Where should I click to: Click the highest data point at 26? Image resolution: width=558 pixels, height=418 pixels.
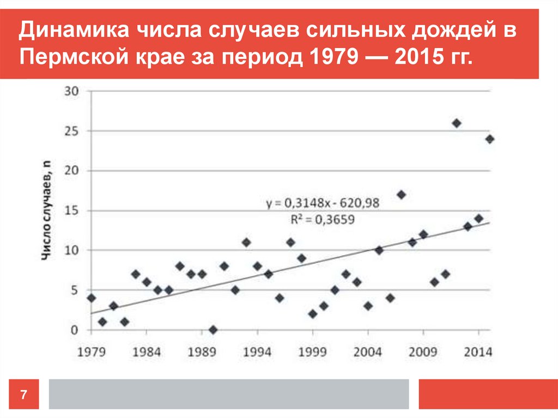tap(457, 123)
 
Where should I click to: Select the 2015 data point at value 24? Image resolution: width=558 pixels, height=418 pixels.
tap(490, 139)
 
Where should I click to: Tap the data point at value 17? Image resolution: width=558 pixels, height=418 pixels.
tap(402, 195)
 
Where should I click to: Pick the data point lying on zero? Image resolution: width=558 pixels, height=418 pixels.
tap(213, 330)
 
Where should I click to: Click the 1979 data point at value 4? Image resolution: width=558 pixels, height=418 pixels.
tap(91, 298)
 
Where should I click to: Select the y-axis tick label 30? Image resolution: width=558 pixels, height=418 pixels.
tap(72, 91)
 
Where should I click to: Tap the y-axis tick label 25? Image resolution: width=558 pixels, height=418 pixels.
tap(72, 131)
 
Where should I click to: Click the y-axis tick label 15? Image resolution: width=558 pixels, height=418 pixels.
tap(72, 210)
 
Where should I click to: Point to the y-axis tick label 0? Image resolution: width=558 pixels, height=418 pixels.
tap(76, 330)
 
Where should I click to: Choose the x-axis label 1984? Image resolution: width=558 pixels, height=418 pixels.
tap(146, 352)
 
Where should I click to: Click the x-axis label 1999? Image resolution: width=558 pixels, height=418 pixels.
tap(312, 352)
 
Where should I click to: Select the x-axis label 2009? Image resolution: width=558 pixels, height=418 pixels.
tap(423, 352)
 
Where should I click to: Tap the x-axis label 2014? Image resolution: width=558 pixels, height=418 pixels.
tap(478, 352)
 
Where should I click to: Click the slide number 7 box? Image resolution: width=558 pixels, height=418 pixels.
tap(24, 393)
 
